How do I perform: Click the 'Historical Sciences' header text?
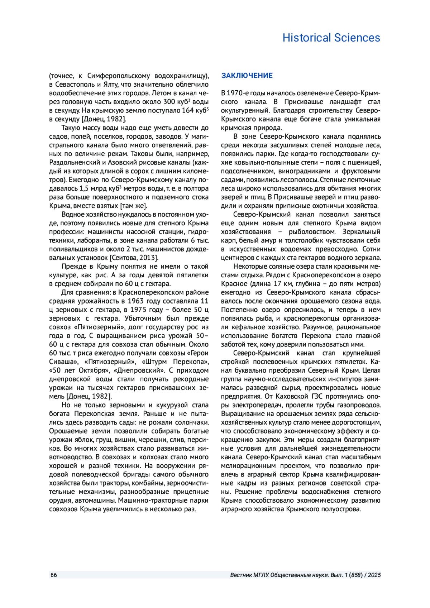(331, 38)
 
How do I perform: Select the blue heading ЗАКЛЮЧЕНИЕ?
(247, 76)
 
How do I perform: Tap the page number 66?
(53, 575)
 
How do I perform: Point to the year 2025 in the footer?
(374, 575)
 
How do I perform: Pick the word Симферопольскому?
(119, 76)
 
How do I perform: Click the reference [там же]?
(134, 206)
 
